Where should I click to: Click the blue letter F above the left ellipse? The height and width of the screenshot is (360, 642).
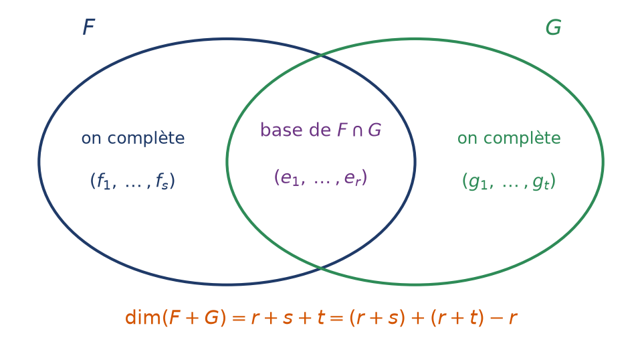[89, 27]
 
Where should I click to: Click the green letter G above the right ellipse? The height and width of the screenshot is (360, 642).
[553, 28]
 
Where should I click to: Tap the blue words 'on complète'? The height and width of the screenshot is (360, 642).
[133, 138]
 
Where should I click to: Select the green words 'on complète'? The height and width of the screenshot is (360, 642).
[509, 138]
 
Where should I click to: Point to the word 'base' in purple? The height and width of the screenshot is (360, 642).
[281, 130]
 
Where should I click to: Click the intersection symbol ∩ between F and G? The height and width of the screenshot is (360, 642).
[357, 130]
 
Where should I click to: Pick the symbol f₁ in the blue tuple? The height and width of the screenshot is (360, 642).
[104, 181]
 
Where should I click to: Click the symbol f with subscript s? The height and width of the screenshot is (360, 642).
[162, 181]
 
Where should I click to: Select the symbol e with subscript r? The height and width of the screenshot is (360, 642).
[352, 178]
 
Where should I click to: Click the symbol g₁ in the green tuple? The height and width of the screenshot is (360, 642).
[477, 182]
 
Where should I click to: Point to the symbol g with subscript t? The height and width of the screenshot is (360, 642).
[541, 182]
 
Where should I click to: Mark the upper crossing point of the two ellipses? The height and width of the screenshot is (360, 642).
[321, 55]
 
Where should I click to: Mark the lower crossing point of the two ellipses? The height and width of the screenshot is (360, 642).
[321, 268]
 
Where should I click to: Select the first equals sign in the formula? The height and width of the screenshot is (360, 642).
[238, 319]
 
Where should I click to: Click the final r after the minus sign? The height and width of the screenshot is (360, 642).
[513, 319]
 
